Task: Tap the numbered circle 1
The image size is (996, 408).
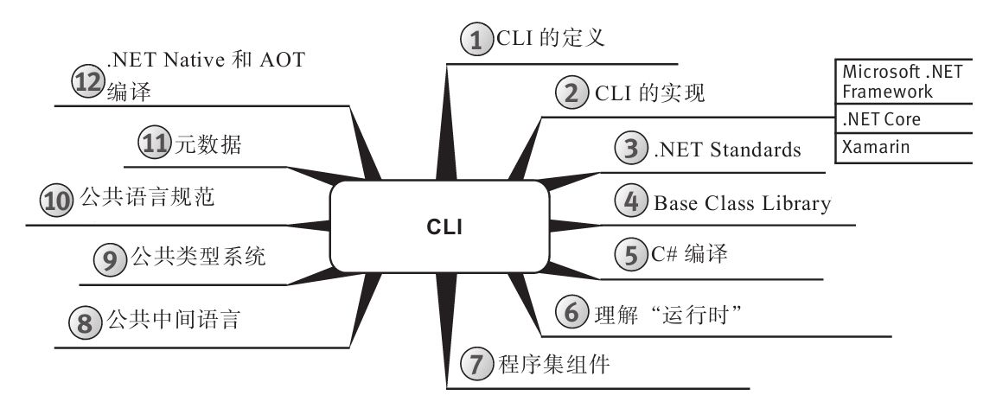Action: click(475, 40)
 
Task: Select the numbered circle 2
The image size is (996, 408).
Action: click(571, 93)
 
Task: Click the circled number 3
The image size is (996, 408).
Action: click(631, 150)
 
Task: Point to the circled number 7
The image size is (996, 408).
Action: click(476, 366)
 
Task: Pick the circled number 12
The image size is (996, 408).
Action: click(87, 81)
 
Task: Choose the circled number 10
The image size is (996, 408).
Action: click(57, 201)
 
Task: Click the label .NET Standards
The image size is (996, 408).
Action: click(727, 150)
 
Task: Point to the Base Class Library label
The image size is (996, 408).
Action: click(742, 204)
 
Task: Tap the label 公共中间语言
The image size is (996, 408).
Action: click(172, 322)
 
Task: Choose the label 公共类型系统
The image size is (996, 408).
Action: click(198, 258)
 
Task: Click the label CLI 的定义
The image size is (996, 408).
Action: click(550, 39)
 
